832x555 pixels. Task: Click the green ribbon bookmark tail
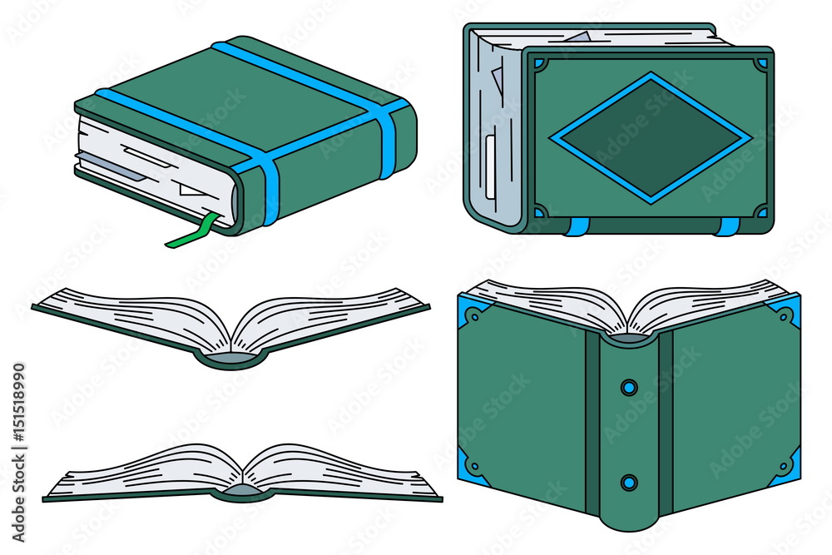click(x=191, y=234)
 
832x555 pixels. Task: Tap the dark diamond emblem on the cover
click(x=651, y=138)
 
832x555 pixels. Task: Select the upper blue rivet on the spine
click(x=629, y=387)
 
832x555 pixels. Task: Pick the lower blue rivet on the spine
click(x=629, y=483)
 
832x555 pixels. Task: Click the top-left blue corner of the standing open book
click(x=469, y=310)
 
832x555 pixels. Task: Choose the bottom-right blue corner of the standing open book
click(x=788, y=467)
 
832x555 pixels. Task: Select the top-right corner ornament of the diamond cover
click(x=761, y=64)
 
